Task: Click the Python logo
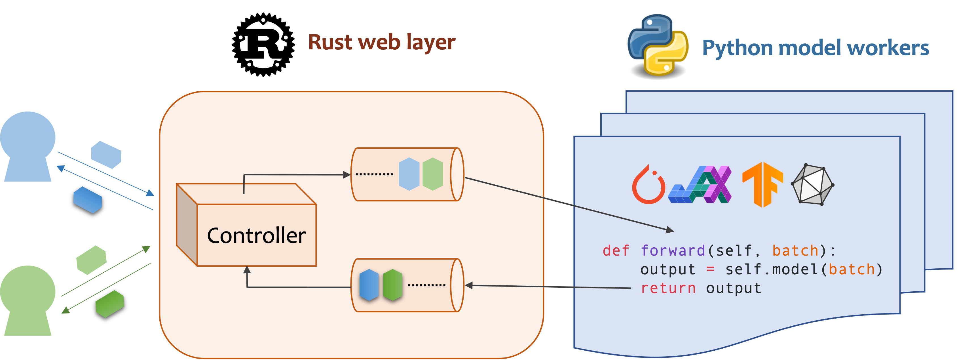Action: [x=658, y=45]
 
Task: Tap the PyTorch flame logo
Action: [x=648, y=185]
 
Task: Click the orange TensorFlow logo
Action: [x=762, y=185]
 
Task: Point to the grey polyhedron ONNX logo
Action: [x=812, y=185]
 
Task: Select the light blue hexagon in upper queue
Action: [x=409, y=174]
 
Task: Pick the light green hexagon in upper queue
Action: [x=433, y=174]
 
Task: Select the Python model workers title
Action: [x=815, y=48]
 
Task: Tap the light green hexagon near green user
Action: [x=91, y=260]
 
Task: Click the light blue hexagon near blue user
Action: [x=106, y=155]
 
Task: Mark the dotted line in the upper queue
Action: [x=374, y=174]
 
